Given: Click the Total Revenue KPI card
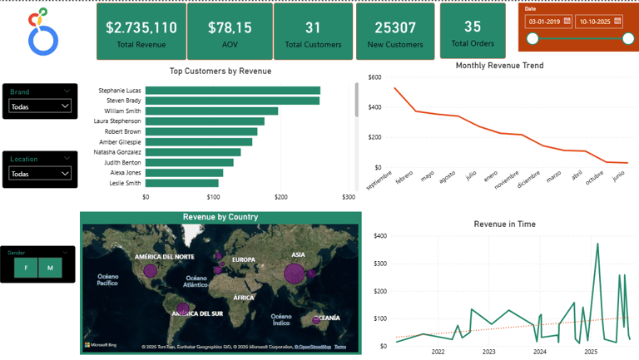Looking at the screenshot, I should [141, 32].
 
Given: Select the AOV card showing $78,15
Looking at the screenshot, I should [228, 32].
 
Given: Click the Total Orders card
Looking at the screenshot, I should [472, 32].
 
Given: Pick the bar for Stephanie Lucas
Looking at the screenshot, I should [232, 91].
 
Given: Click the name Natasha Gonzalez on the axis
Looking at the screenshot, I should [117, 152].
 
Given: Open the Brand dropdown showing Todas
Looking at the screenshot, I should [40, 106].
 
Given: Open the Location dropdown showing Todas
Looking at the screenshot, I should [40, 174].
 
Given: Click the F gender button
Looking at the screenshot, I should [26, 268].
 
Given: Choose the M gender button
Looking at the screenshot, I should [50, 268].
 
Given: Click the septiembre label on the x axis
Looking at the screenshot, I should [379, 178].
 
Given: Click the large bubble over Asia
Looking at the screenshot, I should [294, 273].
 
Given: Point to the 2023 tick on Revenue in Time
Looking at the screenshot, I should [489, 352].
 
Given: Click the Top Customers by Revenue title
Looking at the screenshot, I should [220, 72].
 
